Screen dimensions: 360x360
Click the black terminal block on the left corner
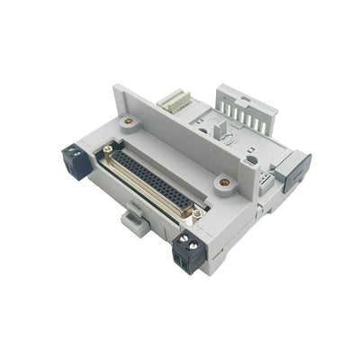pyautogui.click(x=76, y=162)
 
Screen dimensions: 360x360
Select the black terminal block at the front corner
pyautogui.click(x=187, y=253)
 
